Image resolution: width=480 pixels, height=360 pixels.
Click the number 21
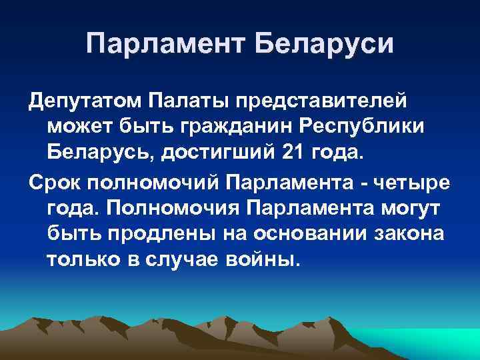[x=291, y=151]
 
